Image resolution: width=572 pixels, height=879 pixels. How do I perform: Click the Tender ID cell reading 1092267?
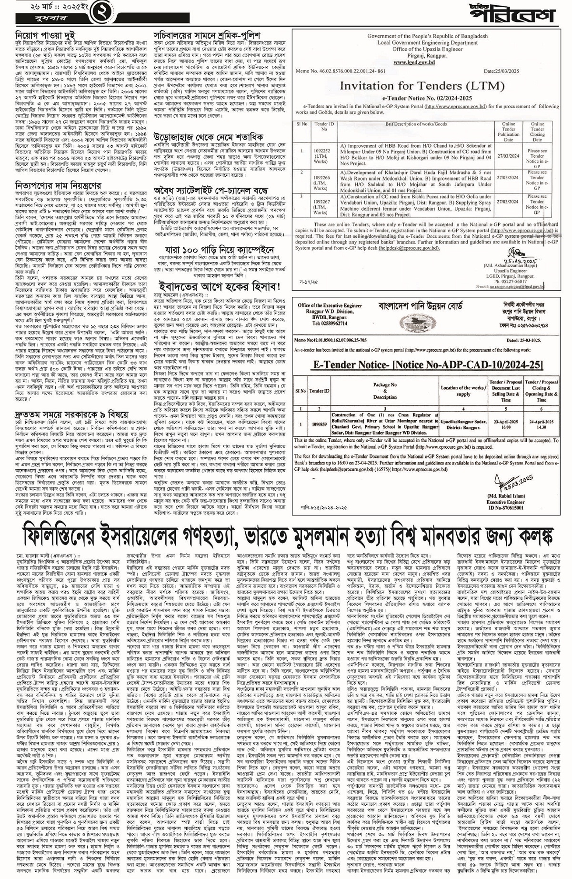pyautogui.click(x=324, y=204)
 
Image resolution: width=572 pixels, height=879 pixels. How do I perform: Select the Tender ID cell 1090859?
pyautogui.click(x=319, y=424)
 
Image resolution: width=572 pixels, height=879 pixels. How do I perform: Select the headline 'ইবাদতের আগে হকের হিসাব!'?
pyautogui.click(x=220, y=286)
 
